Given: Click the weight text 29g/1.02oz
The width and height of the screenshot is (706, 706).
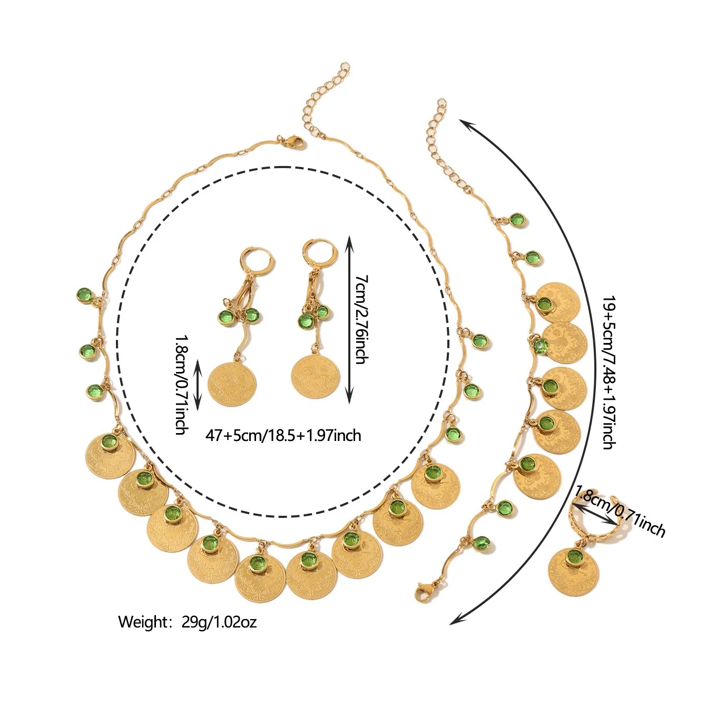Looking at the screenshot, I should [188, 622].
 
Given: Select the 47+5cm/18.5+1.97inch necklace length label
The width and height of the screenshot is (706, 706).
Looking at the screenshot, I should [283, 435].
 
